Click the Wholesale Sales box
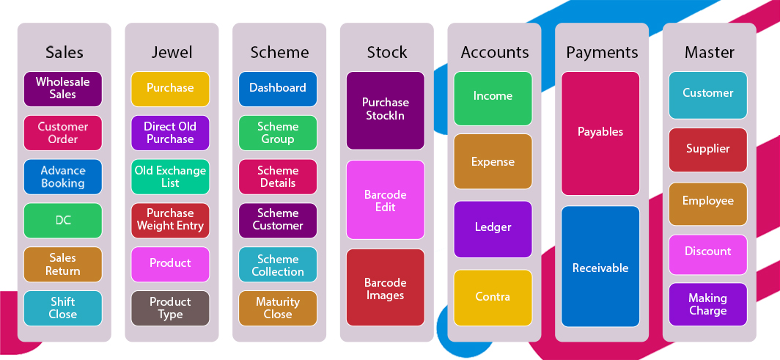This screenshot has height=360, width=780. [x=63, y=89]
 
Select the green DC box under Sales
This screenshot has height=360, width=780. [x=63, y=220]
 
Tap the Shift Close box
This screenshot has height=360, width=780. [x=63, y=308]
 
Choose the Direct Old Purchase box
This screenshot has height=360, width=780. [x=170, y=133]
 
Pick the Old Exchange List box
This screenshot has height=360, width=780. [x=170, y=177]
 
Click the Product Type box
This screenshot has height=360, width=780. [x=170, y=308]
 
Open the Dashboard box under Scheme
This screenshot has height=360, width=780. [x=278, y=88]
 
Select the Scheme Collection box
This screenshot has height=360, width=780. [x=278, y=265]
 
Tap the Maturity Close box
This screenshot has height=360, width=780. [x=278, y=308]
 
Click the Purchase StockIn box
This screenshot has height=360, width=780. [x=386, y=109]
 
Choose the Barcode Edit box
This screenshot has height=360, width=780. [x=386, y=200]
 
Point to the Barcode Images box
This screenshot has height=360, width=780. [x=386, y=288]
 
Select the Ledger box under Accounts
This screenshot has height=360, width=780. [x=493, y=228]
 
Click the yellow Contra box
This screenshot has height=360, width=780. [x=493, y=297]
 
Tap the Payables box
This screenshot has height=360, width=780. [x=600, y=133]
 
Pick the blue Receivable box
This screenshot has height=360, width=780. [x=600, y=268]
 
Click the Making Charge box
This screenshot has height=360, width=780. [x=707, y=304]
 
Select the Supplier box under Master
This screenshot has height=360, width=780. [x=707, y=150]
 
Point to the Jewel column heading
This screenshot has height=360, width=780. [x=172, y=52]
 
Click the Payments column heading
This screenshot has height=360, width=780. [x=602, y=52]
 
